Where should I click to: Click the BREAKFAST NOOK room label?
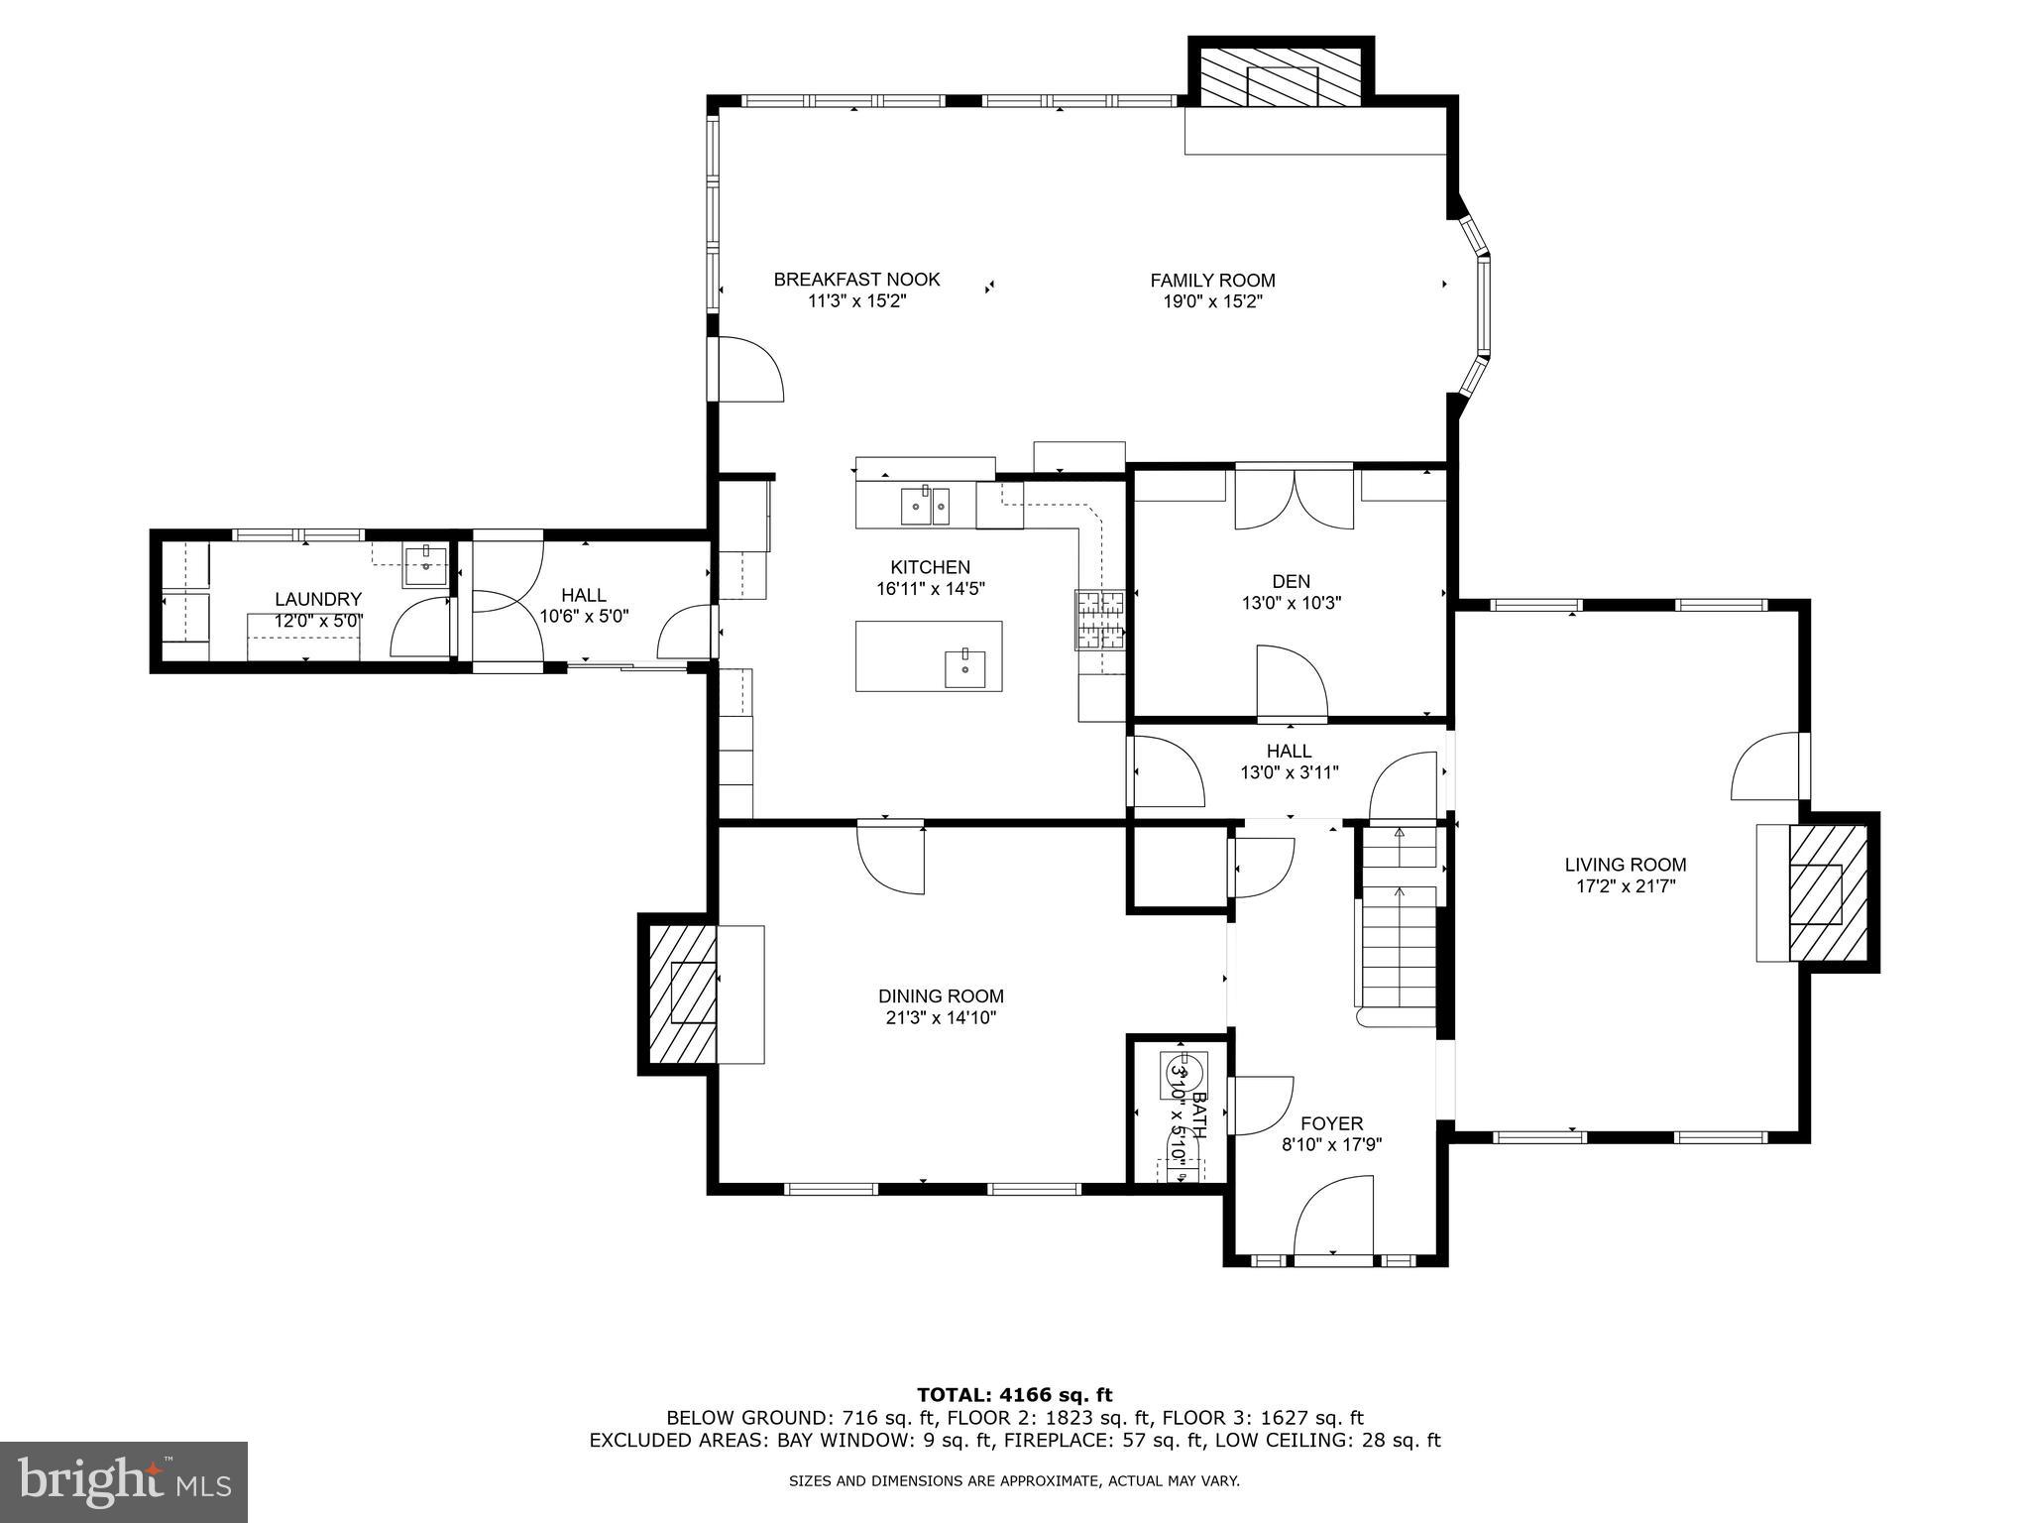[x=856, y=280]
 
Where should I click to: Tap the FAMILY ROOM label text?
[x=1212, y=281]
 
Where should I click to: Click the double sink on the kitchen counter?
[x=925, y=506]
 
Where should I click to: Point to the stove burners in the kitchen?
[x=1100, y=620]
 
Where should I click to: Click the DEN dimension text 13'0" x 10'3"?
[x=1291, y=602]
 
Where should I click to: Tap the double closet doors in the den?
[x=1294, y=499]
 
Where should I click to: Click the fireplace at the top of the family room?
[x=1282, y=75]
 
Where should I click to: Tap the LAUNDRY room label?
[x=317, y=599]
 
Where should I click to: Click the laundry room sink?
[x=426, y=566]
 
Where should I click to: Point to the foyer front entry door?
[x=1334, y=1220]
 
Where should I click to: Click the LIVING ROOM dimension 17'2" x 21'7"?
[x=1626, y=886]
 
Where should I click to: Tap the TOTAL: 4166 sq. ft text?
[x=1014, y=1395]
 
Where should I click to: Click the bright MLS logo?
[x=123, y=1481]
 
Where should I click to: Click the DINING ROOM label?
[x=941, y=996]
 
